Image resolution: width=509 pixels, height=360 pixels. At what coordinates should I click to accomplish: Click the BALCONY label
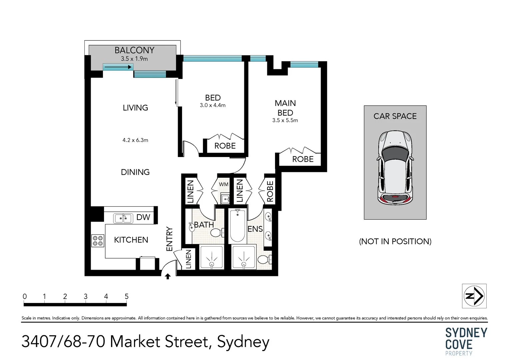pyautogui.click(x=135, y=50)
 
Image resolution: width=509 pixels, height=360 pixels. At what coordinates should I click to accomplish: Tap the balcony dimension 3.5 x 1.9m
pyautogui.click(x=134, y=59)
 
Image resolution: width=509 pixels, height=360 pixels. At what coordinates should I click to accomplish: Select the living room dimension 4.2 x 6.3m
pyautogui.click(x=135, y=140)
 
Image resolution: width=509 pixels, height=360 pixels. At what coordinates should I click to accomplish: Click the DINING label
pyautogui.click(x=135, y=172)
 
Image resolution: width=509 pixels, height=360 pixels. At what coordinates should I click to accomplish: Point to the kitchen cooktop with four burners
pyautogui.click(x=98, y=241)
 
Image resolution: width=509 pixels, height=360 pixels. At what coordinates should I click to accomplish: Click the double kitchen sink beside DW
pyautogui.click(x=123, y=218)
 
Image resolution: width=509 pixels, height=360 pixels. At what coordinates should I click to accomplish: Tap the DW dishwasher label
pyautogui.click(x=143, y=217)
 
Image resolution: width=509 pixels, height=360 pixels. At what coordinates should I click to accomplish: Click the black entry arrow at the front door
pyautogui.click(x=168, y=276)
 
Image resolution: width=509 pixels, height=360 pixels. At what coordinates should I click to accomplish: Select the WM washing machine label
pyautogui.click(x=224, y=184)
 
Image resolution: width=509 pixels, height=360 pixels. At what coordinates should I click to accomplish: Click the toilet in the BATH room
pyautogui.click(x=217, y=233)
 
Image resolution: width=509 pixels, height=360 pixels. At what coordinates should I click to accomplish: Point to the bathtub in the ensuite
pyautogui.click(x=237, y=226)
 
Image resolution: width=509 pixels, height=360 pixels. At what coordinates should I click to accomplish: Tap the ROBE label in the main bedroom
pyautogui.click(x=303, y=159)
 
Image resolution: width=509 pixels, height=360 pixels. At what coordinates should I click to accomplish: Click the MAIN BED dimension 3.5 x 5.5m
pyautogui.click(x=285, y=120)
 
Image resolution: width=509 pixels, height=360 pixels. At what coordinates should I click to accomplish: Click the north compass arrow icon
pyautogui.click(x=474, y=296)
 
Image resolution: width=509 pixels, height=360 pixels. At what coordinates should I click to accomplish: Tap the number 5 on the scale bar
pyautogui.click(x=127, y=296)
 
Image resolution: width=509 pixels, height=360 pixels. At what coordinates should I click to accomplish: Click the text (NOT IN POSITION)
pyautogui.click(x=395, y=241)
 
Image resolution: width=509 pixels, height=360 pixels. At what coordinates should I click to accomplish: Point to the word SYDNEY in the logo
pyautogui.click(x=466, y=333)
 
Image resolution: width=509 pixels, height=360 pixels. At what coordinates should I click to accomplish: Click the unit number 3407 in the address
pyautogui.click(x=39, y=341)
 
